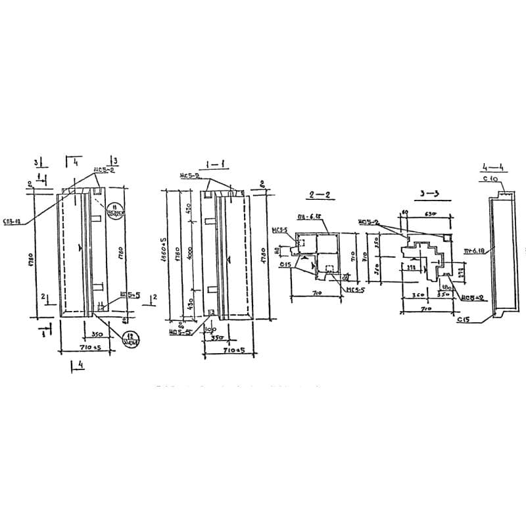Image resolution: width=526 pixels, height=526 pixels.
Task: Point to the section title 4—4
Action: click(x=491, y=166)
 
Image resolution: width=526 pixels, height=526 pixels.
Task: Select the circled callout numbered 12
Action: click(x=131, y=341)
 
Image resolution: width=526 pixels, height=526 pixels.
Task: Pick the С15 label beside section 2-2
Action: click(x=285, y=264)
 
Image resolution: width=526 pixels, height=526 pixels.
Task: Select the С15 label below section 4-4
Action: click(x=463, y=320)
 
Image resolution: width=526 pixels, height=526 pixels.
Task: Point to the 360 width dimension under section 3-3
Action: click(x=416, y=296)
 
